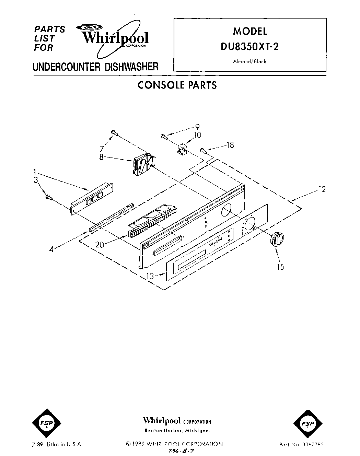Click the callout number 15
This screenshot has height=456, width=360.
coord(281,266)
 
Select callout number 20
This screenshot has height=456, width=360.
coord(100,245)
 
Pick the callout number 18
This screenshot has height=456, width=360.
coord(230,145)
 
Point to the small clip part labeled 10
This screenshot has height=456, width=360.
coord(182,149)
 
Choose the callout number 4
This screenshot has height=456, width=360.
coord(51,250)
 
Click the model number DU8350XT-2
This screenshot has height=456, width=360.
coord(250,46)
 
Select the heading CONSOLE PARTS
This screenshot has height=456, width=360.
coord(177,85)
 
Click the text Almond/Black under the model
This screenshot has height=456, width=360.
coord(250,62)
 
